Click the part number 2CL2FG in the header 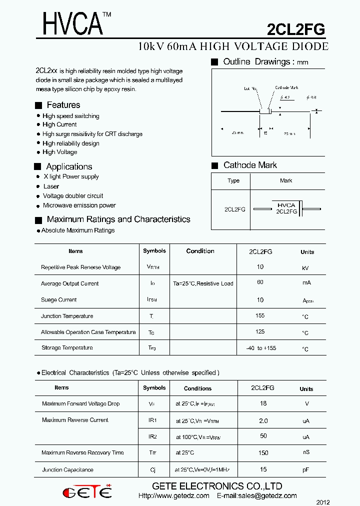point(296,29)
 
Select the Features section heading point(63,105)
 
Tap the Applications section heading point(69,166)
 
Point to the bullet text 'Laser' point(51,186)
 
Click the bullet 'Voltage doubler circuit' point(73,196)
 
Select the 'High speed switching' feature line point(70,116)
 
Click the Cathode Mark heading point(250,165)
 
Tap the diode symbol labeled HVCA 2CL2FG point(286,208)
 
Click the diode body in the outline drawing point(265,111)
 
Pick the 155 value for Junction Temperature point(260,315)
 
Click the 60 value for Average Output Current point(260,282)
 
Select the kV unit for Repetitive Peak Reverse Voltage point(305,268)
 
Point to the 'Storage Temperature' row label point(67,347)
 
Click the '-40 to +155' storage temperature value point(261,348)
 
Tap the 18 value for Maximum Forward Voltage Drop point(263,403)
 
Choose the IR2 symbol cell point(152,436)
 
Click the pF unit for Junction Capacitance point(306,470)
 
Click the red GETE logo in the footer point(87,492)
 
